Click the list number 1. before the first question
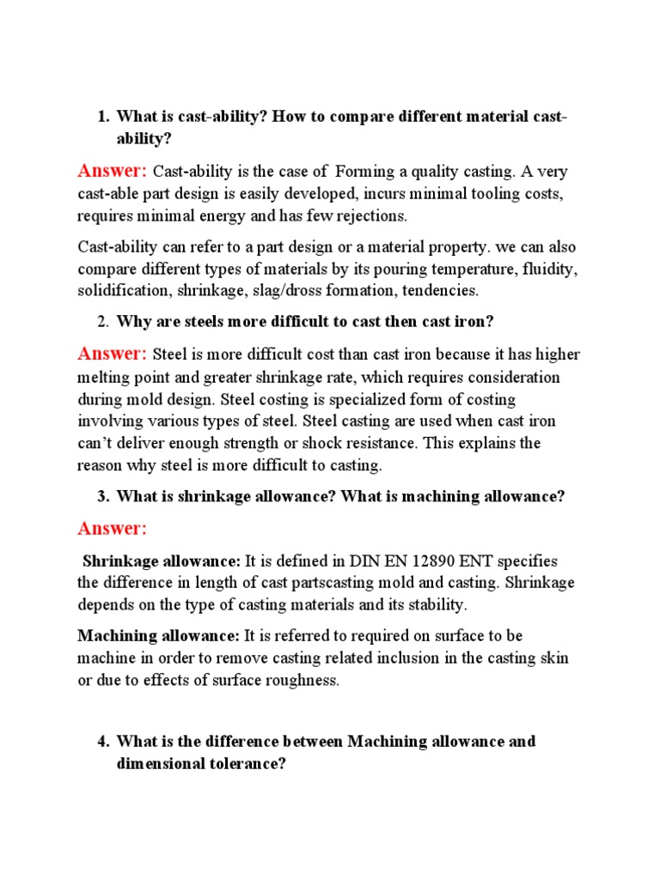click(x=104, y=116)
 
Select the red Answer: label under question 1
click(x=113, y=171)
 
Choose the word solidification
click(x=124, y=290)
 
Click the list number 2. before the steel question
click(x=104, y=322)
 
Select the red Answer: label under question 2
click(x=113, y=354)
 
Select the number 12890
click(x=412, y=561)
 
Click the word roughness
click(x=301, y=681)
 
